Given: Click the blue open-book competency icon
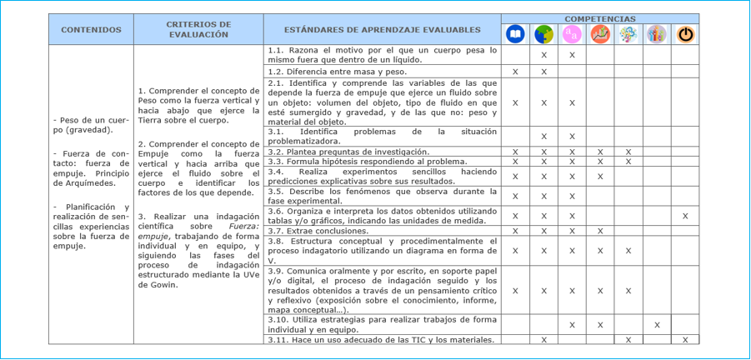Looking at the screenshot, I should pyautogui.click(x=515, y=34).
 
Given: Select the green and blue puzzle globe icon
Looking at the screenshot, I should pyautogui.click(x=543, y=34).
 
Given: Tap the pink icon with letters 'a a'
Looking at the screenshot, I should pyautogui.click(x=572, y=34).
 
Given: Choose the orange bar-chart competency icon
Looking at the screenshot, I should pyautogui.click(x=600, y=34).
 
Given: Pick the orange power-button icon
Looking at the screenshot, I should pyautogui.click(x=685, y=34).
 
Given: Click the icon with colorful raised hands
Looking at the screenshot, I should pyautogui.click(x=657, y=34).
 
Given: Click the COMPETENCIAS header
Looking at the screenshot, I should pyautogui.click(x=599, y=18).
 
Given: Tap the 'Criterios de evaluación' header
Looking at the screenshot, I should pyautogui.click(x=198, y=29).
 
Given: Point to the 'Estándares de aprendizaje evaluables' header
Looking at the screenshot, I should pyautogui.click(x=383, y=30).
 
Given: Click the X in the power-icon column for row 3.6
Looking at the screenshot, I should pyautogui.click(x=685, y=216).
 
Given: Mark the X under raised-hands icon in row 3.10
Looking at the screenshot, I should pyautogui.click(x=657, y=325).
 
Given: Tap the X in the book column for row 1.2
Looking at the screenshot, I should pyautogui.click(x=515, y=72).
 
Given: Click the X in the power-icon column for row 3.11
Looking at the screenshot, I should pyautogui.click(x=685, y=339).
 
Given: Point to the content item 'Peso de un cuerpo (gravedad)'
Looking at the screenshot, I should pyautogui.click(x=91, y=125).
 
